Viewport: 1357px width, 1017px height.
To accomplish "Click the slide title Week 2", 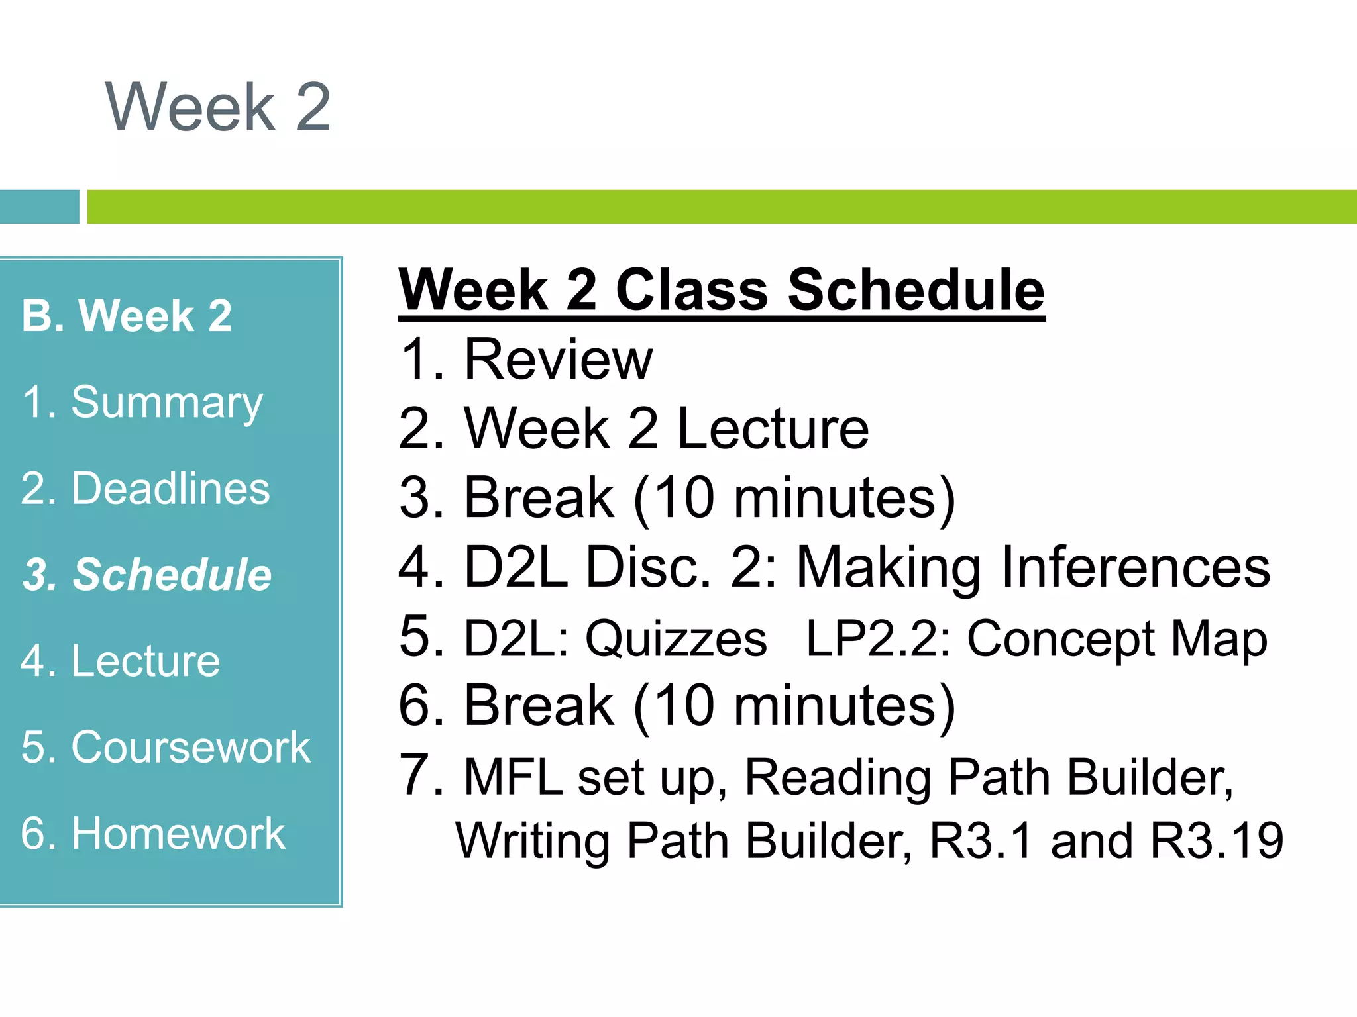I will tap(218, 107).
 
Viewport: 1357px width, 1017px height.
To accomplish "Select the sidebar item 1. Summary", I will tap(142, 403).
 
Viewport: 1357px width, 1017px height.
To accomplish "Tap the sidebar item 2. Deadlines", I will tap(145, 489).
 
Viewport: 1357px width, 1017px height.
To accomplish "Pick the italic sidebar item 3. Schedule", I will tap(147, 574).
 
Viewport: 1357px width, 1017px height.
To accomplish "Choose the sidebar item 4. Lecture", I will tap(120, 661).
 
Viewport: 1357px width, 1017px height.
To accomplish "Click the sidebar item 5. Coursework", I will tap(166, 747).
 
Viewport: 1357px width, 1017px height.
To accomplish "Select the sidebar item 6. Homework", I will tap(153, 833).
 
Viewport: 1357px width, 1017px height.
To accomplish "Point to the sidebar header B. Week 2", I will tap(127, 316).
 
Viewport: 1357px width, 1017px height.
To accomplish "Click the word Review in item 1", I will tap(558, 360).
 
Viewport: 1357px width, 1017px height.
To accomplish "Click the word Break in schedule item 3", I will tap(539, 498).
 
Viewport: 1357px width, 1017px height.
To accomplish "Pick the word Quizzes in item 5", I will tap(676, 639).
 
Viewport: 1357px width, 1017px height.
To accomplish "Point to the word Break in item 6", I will tap(539, 706).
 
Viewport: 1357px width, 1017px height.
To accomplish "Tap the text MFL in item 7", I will tap(514, 777).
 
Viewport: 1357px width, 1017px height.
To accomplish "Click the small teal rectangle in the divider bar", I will tap(39, 207).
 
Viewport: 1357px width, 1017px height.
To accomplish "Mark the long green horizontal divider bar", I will tap(721, 207).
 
